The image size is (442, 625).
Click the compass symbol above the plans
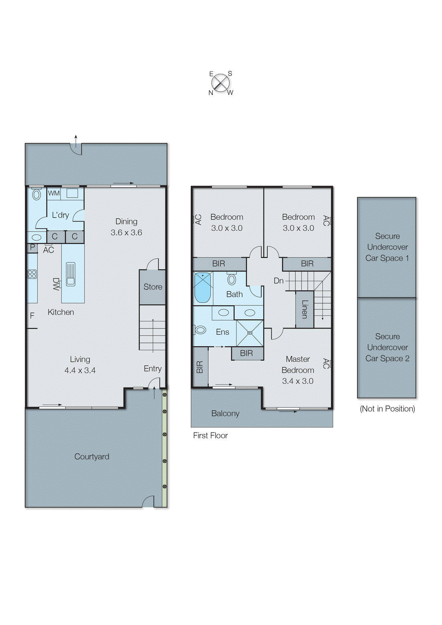point(221,83)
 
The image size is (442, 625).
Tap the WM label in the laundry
point(54,193)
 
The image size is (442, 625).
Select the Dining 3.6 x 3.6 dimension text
point(126,232)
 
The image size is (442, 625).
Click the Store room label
point(153,287)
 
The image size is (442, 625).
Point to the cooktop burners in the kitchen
point(32,274)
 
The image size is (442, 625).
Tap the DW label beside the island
point(56,284)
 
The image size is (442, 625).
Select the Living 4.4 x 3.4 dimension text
point(80,370)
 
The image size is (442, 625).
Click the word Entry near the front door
point(153,368)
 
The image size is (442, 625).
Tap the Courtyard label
point(92,456)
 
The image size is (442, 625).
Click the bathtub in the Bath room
point(202,288)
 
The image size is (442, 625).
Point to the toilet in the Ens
point(200,330)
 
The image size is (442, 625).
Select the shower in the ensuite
point(250,333)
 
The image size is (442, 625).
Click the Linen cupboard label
point(305,309)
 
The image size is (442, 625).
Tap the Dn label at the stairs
point(279,280)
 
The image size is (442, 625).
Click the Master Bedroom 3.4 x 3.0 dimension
point(298,381)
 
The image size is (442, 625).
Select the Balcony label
point(225,413)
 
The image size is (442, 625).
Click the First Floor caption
point(210,435)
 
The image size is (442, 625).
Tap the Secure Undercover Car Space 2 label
point(387,347)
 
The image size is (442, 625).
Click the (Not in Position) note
point(387,409)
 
